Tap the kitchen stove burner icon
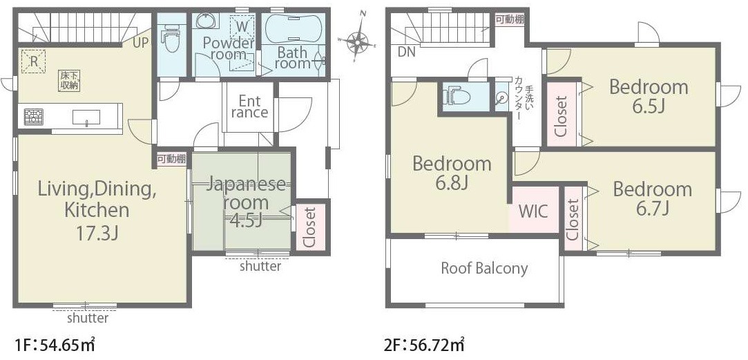tap(33, 117)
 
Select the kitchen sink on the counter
tap(86, 117)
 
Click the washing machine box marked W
tap(242, 27)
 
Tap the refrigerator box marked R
tap(33, 61)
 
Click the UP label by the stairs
tap(141, 43)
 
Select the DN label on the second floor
tap(407, 52)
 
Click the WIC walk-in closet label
tap(533, 211)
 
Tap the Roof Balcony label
tap(484, 268)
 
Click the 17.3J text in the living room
tap(97, 234)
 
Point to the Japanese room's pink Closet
tap(309, 227)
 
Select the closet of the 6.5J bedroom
tap(561, 114)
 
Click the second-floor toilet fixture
tap(457, 97)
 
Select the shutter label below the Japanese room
tap(260, 266)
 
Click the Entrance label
tap(249, 106)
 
